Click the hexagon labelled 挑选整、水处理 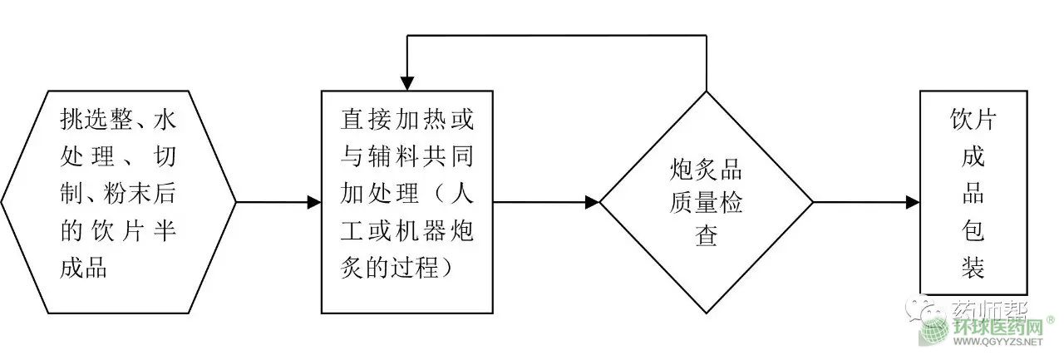(x=119, y=202)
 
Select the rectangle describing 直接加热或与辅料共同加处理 (x=406, y=202)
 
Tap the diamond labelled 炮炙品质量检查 (x=706, y=202)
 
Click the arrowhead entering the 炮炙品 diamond (x=592, y=202)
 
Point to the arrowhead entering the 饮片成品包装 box (x=912, y=202)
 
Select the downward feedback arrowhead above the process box (x=406, y=83)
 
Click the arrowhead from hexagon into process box (x=313, y=202)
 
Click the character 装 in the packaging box (x=973, y=268)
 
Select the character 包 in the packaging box (x=973, y=231)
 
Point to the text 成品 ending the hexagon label (x=84, y=268)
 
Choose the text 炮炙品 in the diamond (x=706, y=171)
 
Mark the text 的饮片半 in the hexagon (x=119, y=233)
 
